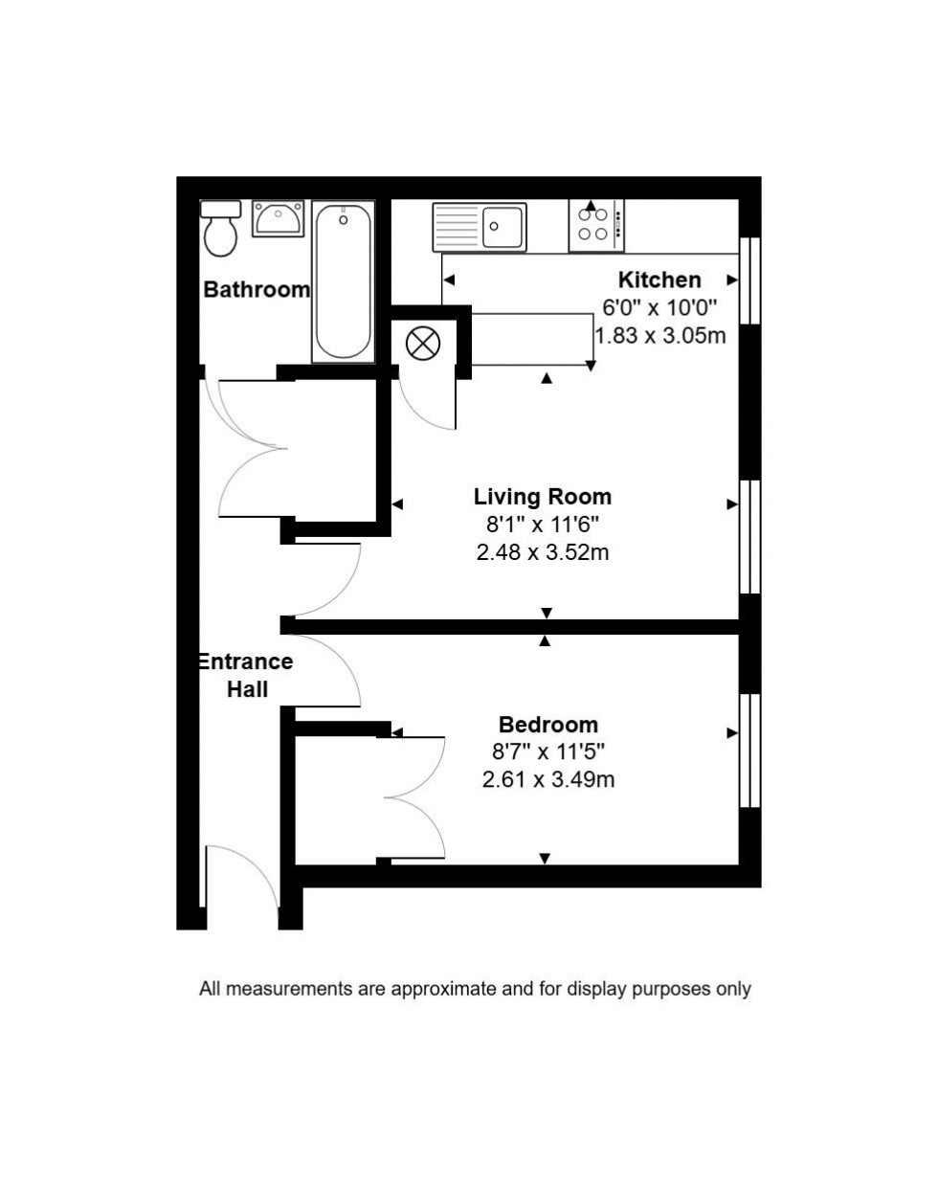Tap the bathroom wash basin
click(x=278, y=219)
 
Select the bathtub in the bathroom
click(x=343, y=281)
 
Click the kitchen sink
click(x=480, y=227)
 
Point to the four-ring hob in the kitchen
click(x=595, y=226)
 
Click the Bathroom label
click(x=257, y=289)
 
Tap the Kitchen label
click(x=659, y=280)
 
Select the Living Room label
click(x=543, y=496)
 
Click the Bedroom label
click(x=548, y=724)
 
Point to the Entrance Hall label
click(x=246, y=675)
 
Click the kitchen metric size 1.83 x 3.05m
click(x=659, y=336)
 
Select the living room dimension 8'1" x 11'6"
click(x=543, y=525)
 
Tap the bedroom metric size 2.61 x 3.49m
click(x=548, y=779)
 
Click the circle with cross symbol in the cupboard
click(x=422, y=343)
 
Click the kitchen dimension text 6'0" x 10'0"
click(x=659, y=308)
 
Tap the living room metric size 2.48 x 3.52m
click(x=543, y=552)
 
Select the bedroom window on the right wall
click(x=749, y=750)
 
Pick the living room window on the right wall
click(x=749, y=537)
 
